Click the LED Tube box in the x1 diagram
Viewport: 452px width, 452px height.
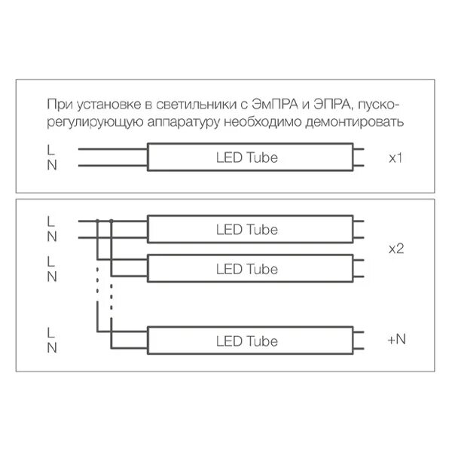[x=246, y=158]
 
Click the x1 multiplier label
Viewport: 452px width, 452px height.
[x=397, y=159]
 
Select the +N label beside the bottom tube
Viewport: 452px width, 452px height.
[x=396, y=340]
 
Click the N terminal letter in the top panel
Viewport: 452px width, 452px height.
[x=50, y=166]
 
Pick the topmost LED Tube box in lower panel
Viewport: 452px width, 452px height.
[x=246, y=230]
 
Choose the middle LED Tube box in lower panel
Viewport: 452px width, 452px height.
[x=246, y=269]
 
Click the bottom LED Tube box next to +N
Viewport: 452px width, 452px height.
[x=246, y=341]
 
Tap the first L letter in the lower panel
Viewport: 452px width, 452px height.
[x=50, y=222]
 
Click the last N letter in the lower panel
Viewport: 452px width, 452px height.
[x=50, y=348]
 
